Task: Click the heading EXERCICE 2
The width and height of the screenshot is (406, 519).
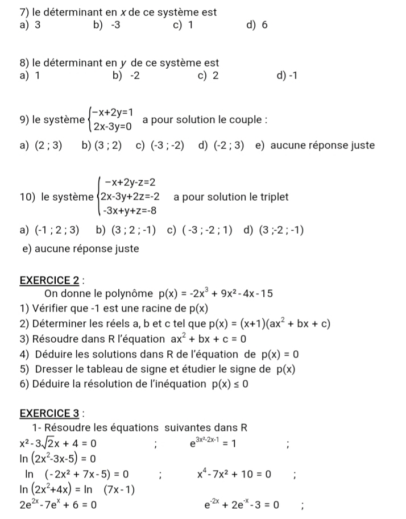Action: pos(43,280)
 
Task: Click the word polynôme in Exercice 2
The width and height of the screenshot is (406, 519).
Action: pos(129,294)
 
